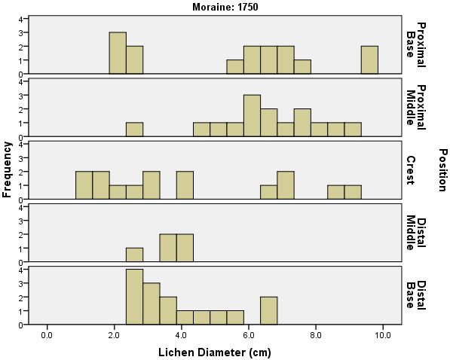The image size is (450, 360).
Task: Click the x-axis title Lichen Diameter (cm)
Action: pos(216,352)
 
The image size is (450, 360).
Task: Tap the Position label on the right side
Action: pos(442,169)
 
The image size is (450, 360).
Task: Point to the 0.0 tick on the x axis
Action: pos(47,334)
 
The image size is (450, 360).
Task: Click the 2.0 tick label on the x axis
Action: pos(115,334)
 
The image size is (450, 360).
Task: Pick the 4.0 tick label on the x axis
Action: pos(182,334)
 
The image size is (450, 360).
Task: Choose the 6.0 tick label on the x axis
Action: pos(249,334)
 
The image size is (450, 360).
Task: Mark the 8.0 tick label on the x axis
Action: pos(316,334)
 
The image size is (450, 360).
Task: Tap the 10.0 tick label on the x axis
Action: pos(382,334)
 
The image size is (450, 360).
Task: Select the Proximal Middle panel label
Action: pos(416,105)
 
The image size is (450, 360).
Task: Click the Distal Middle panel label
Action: pos(416,233)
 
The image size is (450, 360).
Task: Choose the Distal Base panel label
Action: pos(416,294)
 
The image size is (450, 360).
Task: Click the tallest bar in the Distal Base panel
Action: pos(134,297)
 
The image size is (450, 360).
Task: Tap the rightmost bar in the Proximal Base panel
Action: pos(369,59)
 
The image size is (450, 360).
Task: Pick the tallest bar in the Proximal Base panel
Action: pos(118,53)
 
